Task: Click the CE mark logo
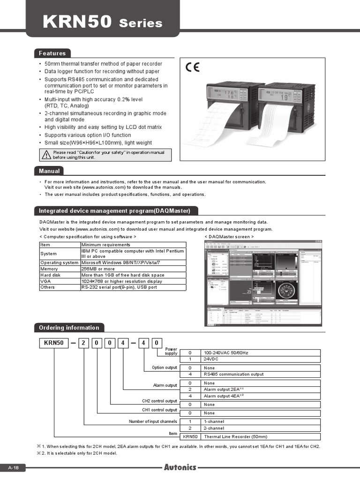click(192, 67)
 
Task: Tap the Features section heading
click(52, 53)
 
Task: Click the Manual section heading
click(49, 171)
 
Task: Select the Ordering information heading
click(69, 328)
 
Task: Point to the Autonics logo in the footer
click(180, 467)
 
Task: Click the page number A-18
click(13, 468)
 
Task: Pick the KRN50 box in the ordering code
click(53, 343)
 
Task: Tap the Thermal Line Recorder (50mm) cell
click(236, 436)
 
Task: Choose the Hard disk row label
click(51, 275)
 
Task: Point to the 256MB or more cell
click(98, 269)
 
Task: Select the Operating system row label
click(60, 263)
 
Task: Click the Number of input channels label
click(153, 421)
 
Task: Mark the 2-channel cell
click(214, 428)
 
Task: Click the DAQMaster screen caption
click(229, 237)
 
